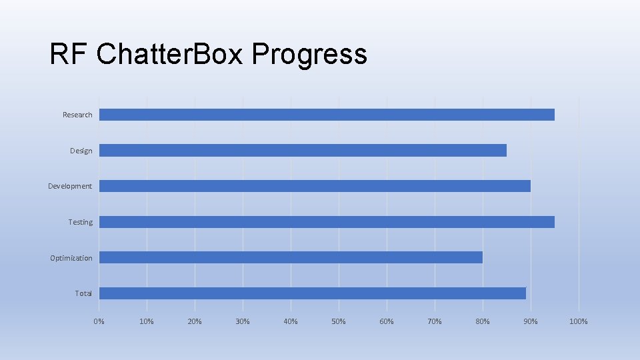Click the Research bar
click(327, 115)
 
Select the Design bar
click(303, 151)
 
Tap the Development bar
click(315, 186)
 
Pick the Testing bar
click(327, 222)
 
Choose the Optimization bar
click(291, 257)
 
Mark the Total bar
click(312, 293)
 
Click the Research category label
click(77, 115)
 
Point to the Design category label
click(81, 151)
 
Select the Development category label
click(70, 186)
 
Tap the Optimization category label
click(71, 258)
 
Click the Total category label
click(83, 293)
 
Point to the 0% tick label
click(99, 322)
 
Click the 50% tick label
click(339, 322)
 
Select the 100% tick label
click(578, 322)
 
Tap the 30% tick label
click(243, 322)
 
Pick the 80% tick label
click(482, 322)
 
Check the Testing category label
click(81, 222)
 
